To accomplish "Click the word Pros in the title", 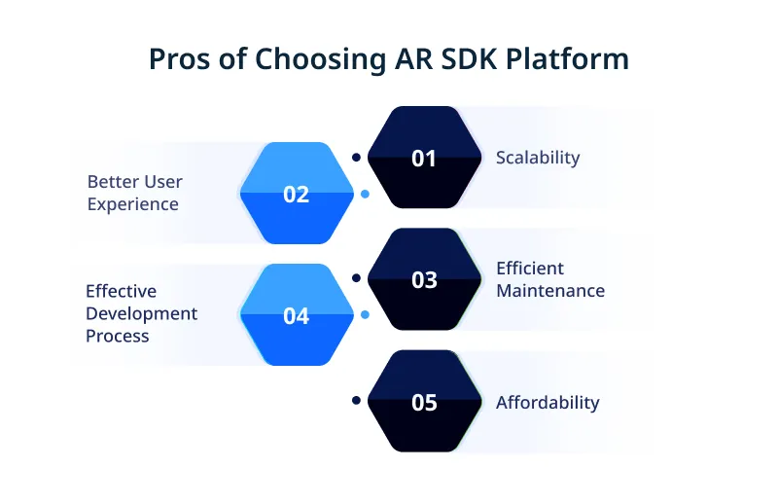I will [x=178, y=59].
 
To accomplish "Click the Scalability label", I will [x=538, y=158].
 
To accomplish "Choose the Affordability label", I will [x=548, y=402].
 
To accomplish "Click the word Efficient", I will [x=530, y=268].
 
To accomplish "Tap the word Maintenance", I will [x=550, y=290].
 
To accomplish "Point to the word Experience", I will [x=132, y=204].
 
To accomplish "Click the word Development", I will [x=141, y=313].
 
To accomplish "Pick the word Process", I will [x=118, y=336].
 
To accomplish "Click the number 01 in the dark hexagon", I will [x=424, y=158].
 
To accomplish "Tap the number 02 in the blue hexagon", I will [x=297, y=194].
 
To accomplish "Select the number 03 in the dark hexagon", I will [x=424, y=280].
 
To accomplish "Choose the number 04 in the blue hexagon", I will [x=297, y=316].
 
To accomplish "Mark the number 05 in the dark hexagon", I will [x=424, y=402].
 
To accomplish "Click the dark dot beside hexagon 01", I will [x=356, y=156].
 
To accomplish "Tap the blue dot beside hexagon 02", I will [x=365, y=194].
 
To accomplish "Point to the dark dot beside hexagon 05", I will [x=356, y=400].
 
